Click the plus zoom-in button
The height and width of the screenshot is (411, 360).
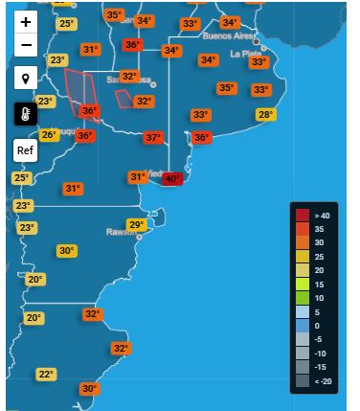25,21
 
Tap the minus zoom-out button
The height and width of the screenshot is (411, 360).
25,45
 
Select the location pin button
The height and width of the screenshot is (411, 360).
25,79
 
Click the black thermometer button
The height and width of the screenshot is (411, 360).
25,114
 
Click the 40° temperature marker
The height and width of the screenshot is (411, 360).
172,178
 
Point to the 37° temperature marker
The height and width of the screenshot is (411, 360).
153,138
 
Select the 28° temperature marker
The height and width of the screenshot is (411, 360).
265,115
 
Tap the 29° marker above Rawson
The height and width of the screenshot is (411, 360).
137,225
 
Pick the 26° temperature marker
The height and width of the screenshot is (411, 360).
49,135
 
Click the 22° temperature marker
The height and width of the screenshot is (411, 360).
46,375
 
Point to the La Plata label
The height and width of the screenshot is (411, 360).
247,54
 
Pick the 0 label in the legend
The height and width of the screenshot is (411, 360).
319,326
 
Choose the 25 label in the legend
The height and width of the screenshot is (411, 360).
321,257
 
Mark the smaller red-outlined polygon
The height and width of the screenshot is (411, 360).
124,98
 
